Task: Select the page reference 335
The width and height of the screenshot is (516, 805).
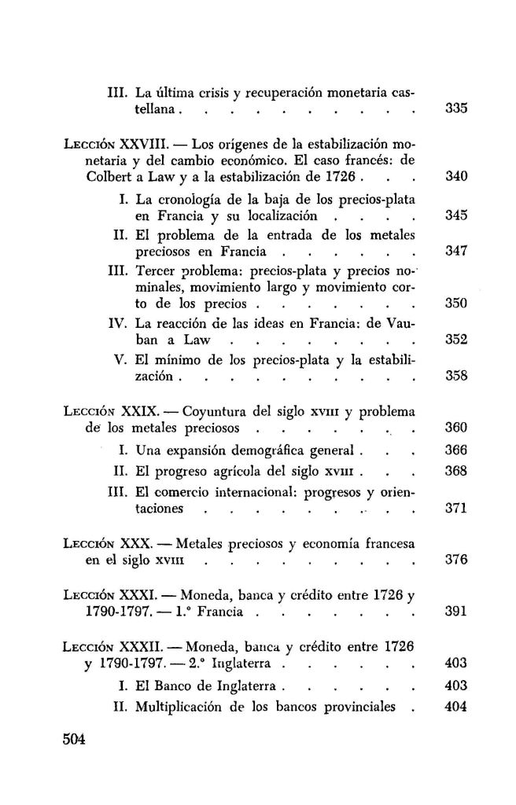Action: coord(456,109)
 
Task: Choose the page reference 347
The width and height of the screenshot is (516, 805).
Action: coord(456,252)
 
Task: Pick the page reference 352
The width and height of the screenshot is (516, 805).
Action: coord(456,340)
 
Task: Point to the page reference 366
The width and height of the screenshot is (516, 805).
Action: coord(456,451)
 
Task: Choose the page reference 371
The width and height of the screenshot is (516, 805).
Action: coord(456,508)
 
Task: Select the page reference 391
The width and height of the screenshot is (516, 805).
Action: coord(456,613)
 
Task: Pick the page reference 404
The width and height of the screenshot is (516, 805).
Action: coord(456,706)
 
